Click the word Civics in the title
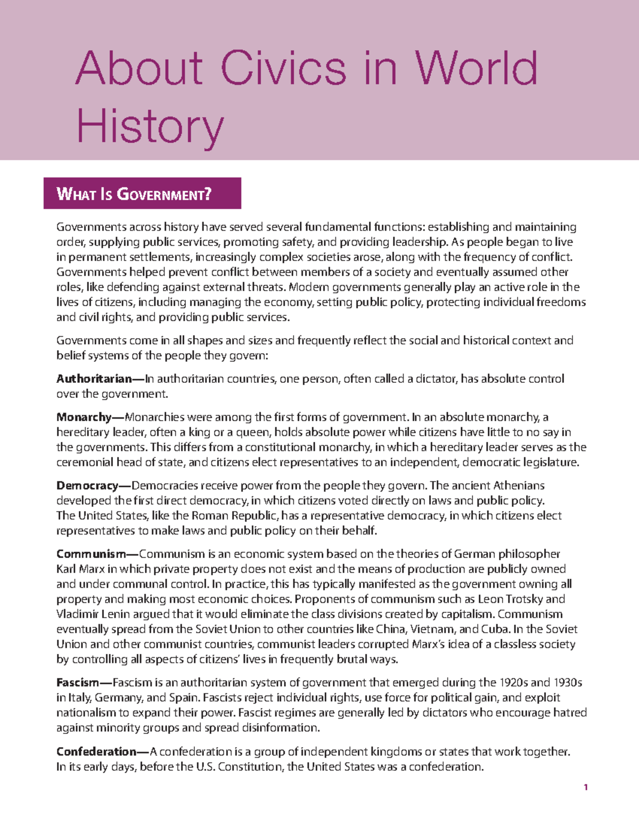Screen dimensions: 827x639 (283, 68)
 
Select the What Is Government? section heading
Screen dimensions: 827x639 (134, 194)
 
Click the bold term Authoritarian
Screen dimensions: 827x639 (94, 379)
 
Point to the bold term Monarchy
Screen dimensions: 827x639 (84, 417)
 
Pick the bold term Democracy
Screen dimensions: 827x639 (87, 485)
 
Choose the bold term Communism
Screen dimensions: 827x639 (91, 554)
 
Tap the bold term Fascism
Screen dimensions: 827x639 (78, 683)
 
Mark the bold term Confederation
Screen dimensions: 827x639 (96, 751)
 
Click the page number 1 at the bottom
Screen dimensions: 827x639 (585, 787)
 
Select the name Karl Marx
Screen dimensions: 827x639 (80, 569)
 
